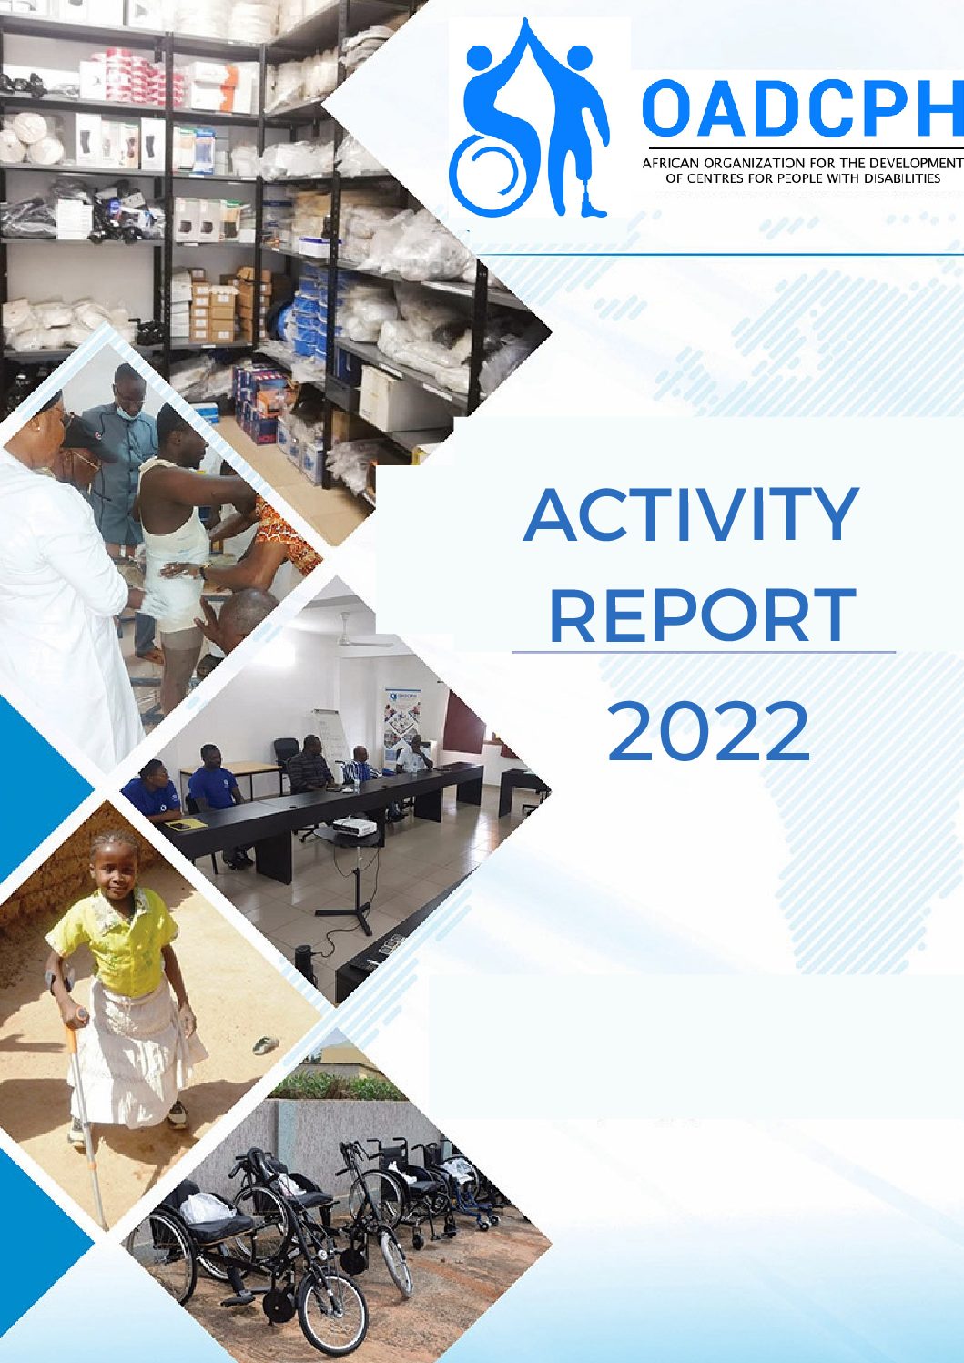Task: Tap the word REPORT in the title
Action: (703, 615)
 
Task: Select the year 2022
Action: (708, 731)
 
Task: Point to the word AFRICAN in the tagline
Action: (669, 163)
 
